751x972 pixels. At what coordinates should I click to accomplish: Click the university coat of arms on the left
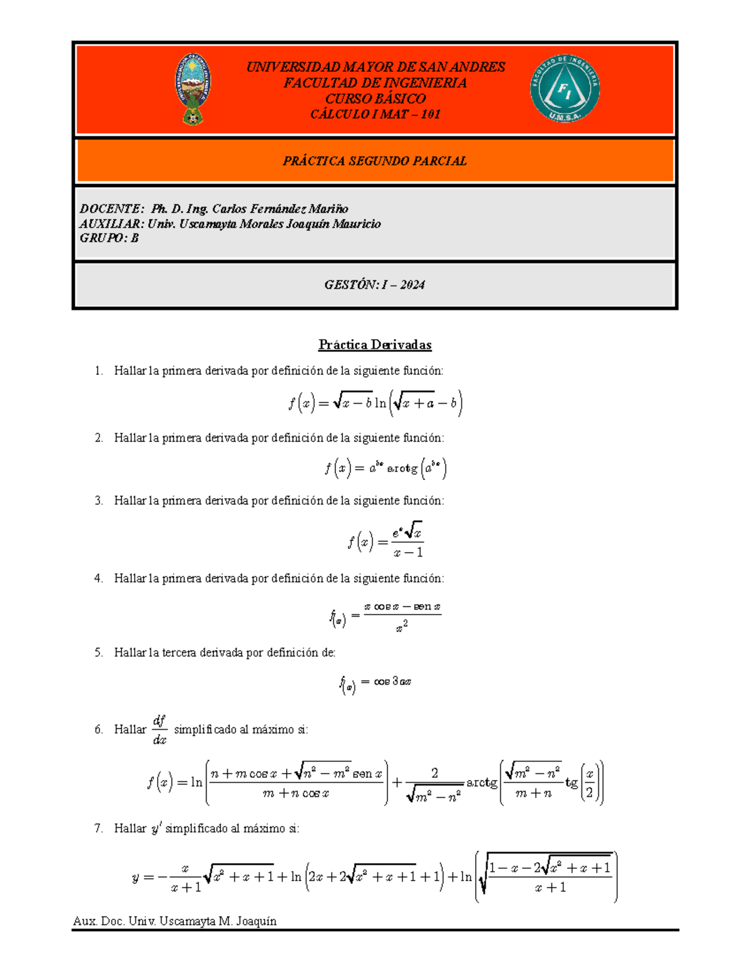tap(192, 89)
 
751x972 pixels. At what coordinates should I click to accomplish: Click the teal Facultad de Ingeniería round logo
tap(565, 89)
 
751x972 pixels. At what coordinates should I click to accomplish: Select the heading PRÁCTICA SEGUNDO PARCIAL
tap(375, 161)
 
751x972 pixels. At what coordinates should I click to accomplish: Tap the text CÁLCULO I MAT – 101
tap(375, 114)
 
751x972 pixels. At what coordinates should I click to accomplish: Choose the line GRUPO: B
tap(109, 238)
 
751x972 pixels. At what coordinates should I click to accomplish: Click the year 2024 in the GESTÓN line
tap(412, 285)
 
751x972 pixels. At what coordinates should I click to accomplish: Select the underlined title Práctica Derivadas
tap(375, 344)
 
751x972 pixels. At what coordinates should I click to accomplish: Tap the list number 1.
tap(98, 371)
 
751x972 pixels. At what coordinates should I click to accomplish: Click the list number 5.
tap(98, 652)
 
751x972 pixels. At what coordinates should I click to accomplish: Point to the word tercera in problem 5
tap(180, 652)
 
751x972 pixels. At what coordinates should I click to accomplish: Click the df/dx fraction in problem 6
tap(160, 730)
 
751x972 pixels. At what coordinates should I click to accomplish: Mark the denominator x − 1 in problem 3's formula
tap(408, 552)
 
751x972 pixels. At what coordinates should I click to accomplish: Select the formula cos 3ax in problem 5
tap(392, 681)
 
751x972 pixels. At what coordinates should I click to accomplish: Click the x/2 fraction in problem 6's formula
tap(589, 782)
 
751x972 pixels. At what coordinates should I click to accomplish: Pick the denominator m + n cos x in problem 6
tap(296, 793)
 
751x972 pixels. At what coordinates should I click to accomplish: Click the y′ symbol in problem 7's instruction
tap(156, 828)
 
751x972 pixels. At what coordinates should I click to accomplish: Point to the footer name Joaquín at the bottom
tap(256, 921)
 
